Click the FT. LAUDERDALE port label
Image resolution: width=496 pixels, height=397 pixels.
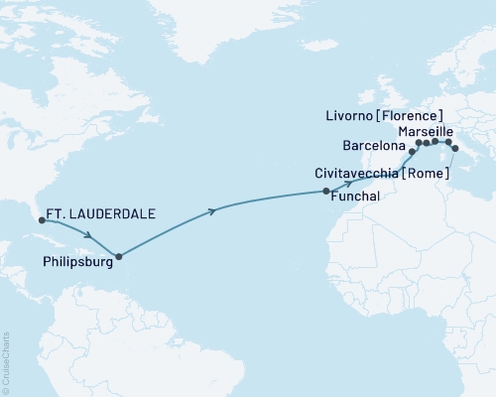point(100,211)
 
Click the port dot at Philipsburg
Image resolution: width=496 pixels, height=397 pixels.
point(118,257)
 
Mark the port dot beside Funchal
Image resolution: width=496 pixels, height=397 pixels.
point(326,189)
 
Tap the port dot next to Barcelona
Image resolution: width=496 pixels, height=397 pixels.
point(412,152)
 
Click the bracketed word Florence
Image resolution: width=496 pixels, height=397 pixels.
point(415,115)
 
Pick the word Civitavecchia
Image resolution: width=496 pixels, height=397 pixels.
point(357,173)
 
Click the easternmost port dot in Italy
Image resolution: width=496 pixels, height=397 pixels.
point(455,149)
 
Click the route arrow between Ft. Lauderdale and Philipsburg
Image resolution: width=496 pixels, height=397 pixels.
point(89,235)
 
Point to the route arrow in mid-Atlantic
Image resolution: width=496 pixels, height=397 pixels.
point(212,210)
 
